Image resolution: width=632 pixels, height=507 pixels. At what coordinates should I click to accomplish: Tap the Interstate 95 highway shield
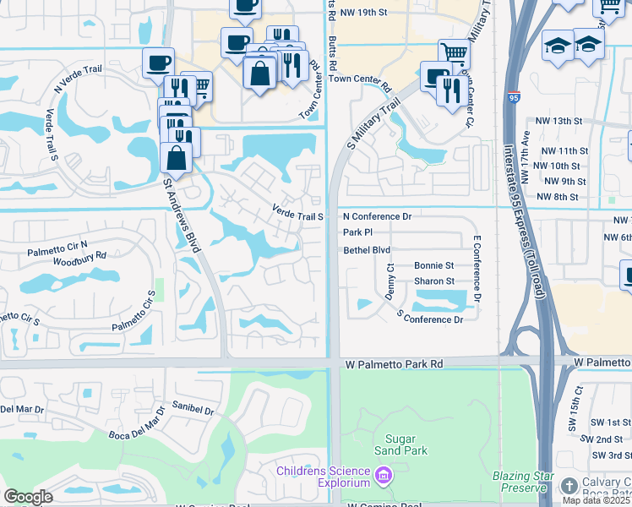click(515, 98)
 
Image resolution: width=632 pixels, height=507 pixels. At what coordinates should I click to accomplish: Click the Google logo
click(28, 497)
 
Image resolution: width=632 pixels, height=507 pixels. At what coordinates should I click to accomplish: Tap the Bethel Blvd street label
click(366, 250)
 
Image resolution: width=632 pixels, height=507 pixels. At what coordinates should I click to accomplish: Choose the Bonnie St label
click(433, 265)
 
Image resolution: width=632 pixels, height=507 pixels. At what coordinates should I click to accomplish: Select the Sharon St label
click(433, 281)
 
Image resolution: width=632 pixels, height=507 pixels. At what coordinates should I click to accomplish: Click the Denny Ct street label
click(390, 280)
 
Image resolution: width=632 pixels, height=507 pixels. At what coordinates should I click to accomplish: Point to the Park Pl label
click(357, 232)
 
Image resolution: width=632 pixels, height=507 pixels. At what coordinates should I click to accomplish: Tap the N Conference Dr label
click(376, 216)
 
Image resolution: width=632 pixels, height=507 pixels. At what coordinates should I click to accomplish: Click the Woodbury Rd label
click(79, 254)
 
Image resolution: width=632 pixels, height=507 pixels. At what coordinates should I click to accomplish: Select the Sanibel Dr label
click(193, 410)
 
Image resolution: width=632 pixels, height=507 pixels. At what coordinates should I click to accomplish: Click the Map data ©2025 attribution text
click(591, 500)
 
